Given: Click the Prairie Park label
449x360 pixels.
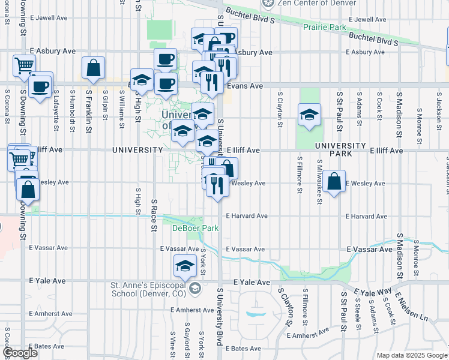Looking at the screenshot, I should point(325,28).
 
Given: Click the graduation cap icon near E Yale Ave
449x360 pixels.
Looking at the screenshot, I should point(185,266).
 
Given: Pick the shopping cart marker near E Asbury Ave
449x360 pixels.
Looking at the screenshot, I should point(24,66).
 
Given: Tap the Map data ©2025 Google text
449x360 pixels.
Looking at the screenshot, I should point(411,355).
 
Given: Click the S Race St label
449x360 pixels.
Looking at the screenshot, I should point(154,216).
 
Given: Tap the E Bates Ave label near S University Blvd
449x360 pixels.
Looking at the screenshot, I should point(244,348).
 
